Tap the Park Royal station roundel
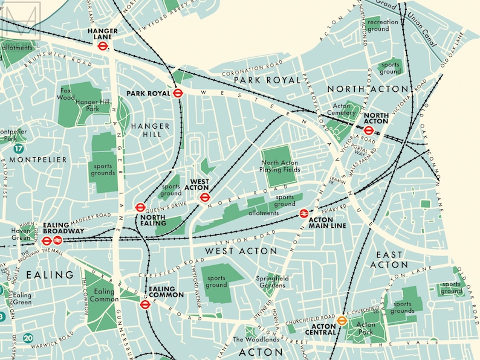(178, 93)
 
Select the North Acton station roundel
(369, 130)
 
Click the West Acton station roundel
(204, 196)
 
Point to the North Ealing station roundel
(140, 207)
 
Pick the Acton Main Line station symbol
(304, 213)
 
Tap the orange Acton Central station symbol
(342, 321)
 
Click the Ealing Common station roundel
(144, 304)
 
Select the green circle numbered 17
(21, 148)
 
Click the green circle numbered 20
(28, 338)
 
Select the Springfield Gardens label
(269, 280)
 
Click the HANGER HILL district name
(146, 130)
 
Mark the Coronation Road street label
(251, 66)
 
